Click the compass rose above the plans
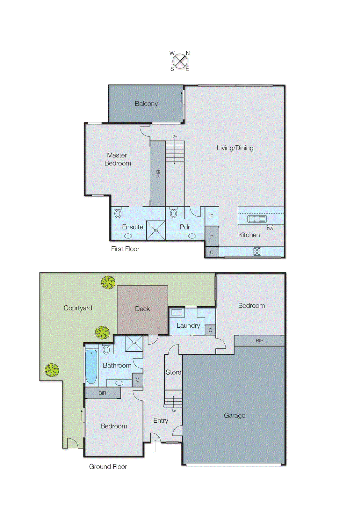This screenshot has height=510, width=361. [x=180, y=61]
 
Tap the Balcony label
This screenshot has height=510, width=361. [x=146, y=104]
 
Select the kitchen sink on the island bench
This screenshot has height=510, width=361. [x=257, y=219]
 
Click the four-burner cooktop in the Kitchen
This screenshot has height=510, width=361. [x=257, y=251]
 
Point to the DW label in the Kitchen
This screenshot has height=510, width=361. [x=270, y=229]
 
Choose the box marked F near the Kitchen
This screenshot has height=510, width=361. [x=212, y=216]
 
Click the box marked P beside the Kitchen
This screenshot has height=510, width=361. [x=212, y=237]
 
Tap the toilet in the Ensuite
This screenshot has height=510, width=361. [x=118, y=213]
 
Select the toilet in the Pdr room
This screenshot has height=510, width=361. [x=173, y=213]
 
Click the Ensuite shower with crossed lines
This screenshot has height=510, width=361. [x=156, y=230]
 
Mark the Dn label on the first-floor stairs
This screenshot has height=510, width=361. [x=175, y=136]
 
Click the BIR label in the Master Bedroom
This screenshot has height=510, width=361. [x=158, y=174]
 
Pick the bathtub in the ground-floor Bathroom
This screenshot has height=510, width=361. [x=91, y=366]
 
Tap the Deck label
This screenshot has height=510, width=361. [x=142, y=309]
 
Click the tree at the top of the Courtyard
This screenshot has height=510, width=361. [x=108, y=282]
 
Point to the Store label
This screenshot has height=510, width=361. [x=173, y=372]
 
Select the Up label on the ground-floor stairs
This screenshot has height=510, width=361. [x=174, y=411]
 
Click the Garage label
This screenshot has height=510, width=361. [x=235, y=415]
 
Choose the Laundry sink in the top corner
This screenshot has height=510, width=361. [x=177, y=312]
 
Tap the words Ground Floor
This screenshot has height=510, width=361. [x=108, y=467]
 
